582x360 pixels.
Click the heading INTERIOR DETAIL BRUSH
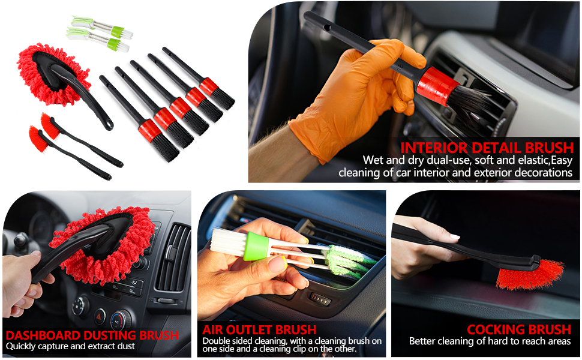487,148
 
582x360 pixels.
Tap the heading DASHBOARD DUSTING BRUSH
92,335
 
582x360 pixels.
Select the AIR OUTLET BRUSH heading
259,329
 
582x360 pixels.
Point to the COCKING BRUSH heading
519,329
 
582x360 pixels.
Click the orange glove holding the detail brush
356,97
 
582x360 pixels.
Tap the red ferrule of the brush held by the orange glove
437,86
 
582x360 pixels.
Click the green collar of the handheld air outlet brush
256,246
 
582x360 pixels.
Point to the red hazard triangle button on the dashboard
100,316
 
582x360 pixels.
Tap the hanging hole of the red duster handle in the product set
109,124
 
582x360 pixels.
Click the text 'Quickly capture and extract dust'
70,347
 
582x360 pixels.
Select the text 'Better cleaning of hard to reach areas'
490,341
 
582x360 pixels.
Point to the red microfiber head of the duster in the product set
54,73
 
